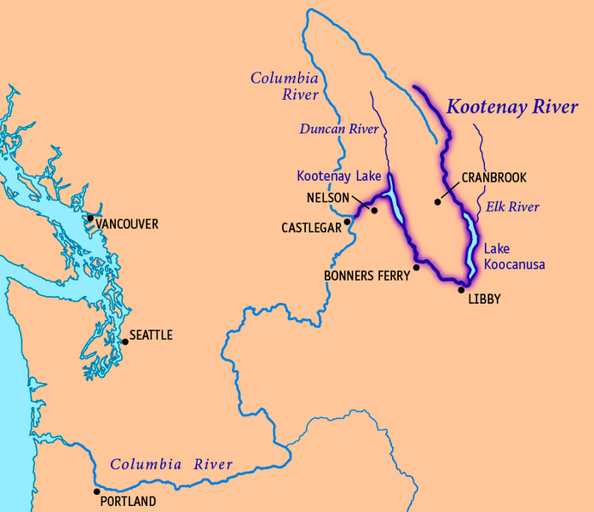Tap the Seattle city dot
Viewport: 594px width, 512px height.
click(x=125, y=341)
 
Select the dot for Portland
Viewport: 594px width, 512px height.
click(x=96, y=492)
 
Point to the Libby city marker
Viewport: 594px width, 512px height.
click(x=461, y=289)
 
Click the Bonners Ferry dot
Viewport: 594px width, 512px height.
click(x=416, y=267)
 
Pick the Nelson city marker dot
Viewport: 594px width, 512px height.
click(x=374, y=209)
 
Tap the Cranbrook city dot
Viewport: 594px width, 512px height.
click(x=437, y=202)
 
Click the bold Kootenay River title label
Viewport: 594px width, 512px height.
click(x=512, y=108)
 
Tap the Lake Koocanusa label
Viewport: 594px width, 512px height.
click(x=514, y=257)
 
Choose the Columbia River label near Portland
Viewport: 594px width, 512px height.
click(x=171, y=465)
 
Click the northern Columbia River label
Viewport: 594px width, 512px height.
click(x=284, y=85)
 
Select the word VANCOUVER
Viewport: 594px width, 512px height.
click(x=127, y=224)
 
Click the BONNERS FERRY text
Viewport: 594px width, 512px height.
click(x=366, y=276)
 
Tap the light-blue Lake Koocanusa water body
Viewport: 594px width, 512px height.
click(x=470, y=243)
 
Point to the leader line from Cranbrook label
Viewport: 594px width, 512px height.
click(x=449, y=191)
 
